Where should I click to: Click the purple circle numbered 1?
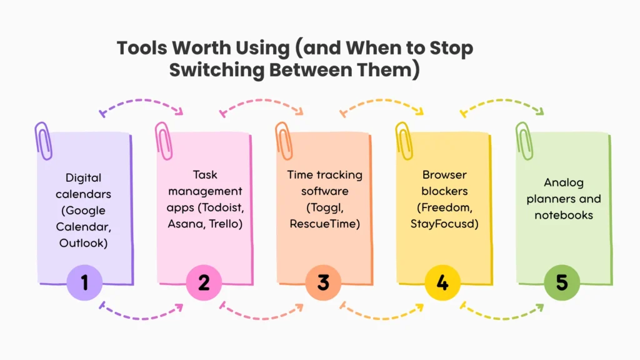click(84, 282)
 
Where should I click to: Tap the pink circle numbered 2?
click(204, 282)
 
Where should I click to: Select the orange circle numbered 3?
click(323, 282)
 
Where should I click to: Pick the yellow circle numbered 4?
click(442, 282)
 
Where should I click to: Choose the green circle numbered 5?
click(562, 282)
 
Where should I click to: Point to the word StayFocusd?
click(442, 224)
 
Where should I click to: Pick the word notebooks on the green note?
click(564, 215)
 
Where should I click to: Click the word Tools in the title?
click(142, 47)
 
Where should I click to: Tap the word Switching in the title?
click(216, 70)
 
